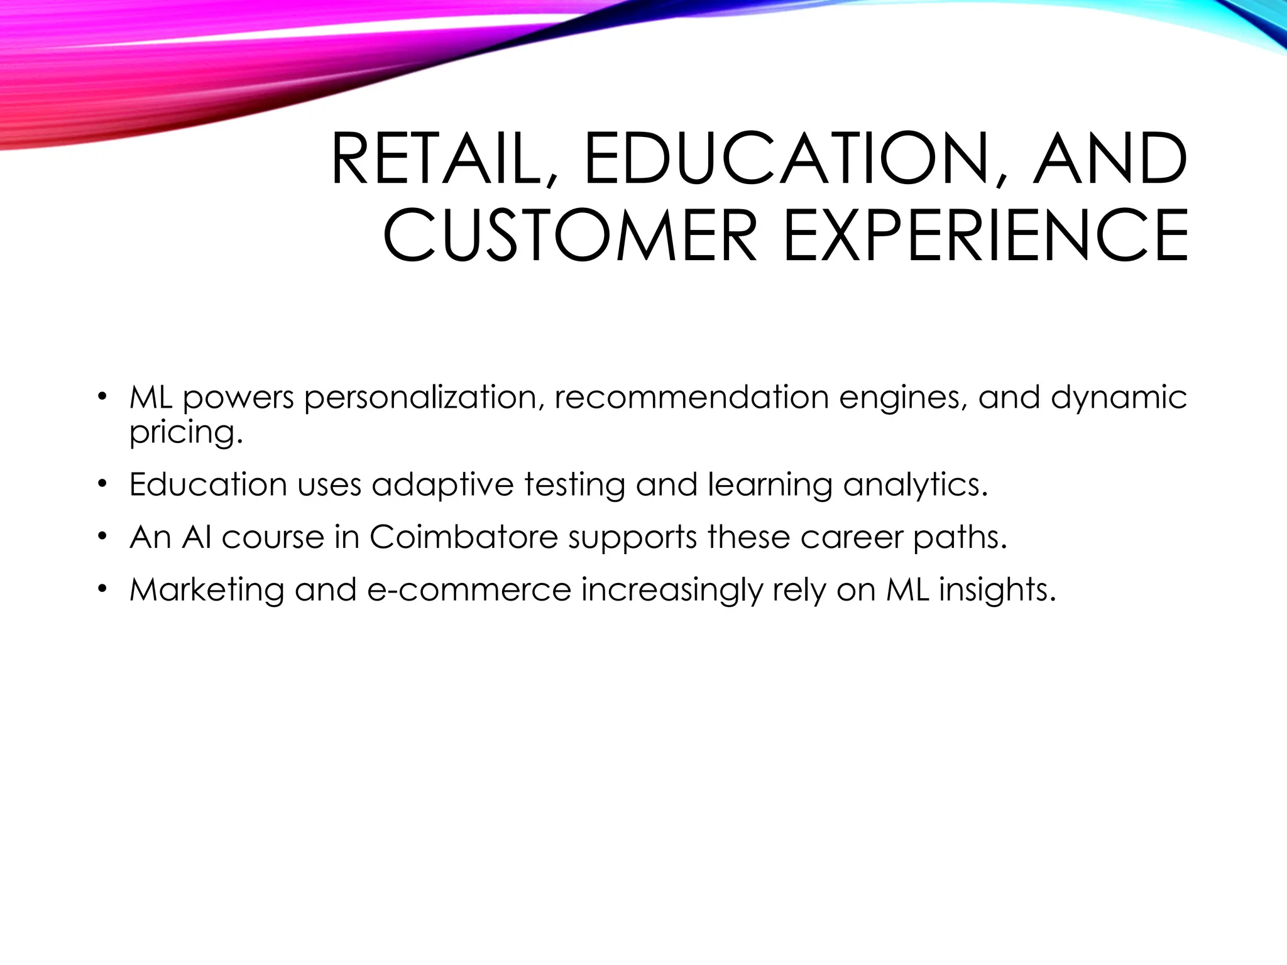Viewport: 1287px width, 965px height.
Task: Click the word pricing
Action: (x=185, y=432)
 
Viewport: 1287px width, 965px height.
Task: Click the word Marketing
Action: (x=207, y=590)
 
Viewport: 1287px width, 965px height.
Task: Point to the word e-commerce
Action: (x=469, y=590)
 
